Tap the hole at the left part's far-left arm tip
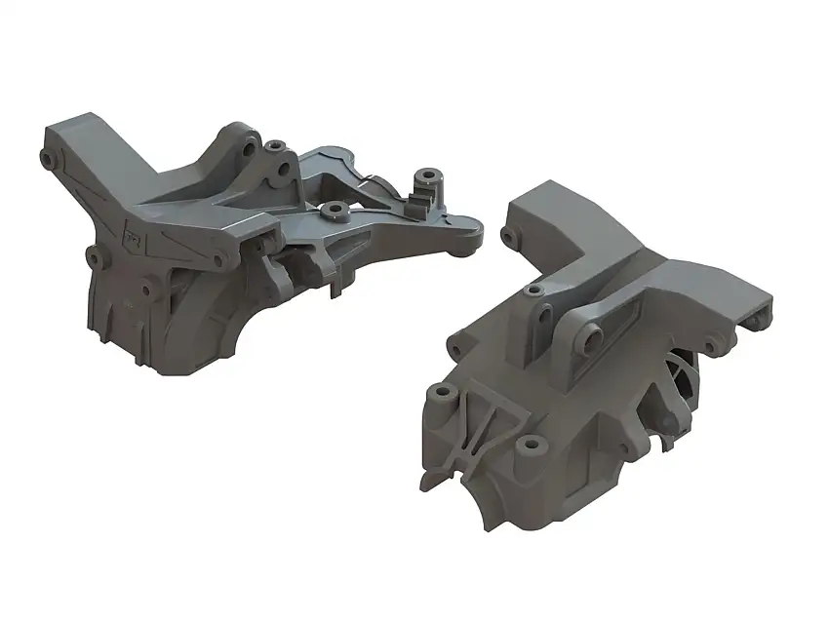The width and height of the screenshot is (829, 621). pos(47,156)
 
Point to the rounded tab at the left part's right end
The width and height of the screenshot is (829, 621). pos(472,233)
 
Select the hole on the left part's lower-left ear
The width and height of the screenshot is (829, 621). pos(95,257)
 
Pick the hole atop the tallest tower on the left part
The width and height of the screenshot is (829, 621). pos(276,146)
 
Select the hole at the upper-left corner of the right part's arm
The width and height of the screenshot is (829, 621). pos(507,235)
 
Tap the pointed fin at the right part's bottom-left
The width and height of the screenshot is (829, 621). pos(430,480)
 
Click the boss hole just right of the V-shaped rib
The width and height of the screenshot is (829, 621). pos(532,445)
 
